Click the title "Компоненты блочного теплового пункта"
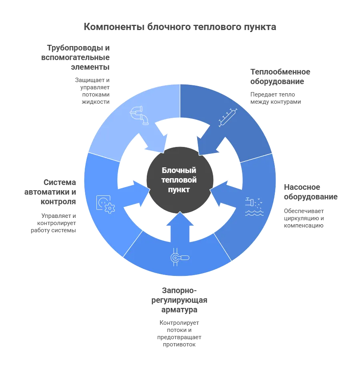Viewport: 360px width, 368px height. point(180,27)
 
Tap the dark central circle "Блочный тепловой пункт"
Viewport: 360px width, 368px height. point(180,180)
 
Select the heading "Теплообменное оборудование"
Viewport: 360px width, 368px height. point(280,76)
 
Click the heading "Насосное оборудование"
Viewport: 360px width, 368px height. point(310,192)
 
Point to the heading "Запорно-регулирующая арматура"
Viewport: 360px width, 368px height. point(179,300)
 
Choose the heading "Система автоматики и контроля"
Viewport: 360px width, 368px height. point(50,192)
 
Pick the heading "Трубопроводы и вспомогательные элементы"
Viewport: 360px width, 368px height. point(76,57)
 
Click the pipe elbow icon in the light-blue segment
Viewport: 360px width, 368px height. point(139,115)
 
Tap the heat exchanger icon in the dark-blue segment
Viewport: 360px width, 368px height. point(228,118)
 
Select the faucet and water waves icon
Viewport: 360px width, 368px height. point(254,207)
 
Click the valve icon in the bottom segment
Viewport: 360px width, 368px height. point(180,257)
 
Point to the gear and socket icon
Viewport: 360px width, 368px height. point(106,204)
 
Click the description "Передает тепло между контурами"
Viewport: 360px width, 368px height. point(275,98)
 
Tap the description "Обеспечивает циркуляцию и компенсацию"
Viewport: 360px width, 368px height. point(304,218)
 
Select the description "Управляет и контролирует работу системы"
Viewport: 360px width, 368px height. point(54,223)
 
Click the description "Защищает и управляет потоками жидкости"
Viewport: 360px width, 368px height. point(92,91)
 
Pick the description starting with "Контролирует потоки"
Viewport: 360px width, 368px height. point(179,334)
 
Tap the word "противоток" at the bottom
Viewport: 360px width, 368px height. point(179,344)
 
